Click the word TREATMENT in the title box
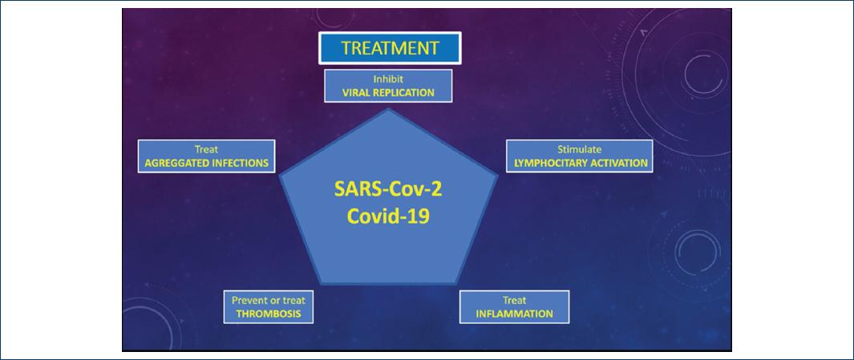tap(390, 48)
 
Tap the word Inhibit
tap(388, 79)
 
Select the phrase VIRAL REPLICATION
tap(388, 92)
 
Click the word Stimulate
tap(580, 149)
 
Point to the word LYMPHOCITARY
tap(551, 163)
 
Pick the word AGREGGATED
tap(176, 163)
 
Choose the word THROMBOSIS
tap(268, 314)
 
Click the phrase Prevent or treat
tap(269, 300)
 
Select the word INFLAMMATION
tap(514, 314)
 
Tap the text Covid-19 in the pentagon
tap(388, 216)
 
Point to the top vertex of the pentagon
tap(388, 109)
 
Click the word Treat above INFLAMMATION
tap(514, 300)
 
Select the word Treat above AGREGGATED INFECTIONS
tap(206, 149)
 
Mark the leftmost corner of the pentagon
tap(280, 176)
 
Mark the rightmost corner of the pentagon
tap(496, 176)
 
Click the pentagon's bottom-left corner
tap(321, 284)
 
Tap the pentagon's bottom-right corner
tap(456, 284)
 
